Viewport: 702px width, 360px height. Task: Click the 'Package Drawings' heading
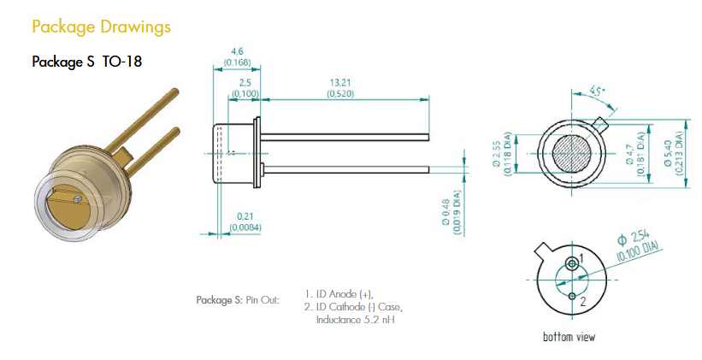[101, 27]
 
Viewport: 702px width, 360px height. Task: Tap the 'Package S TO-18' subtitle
[87, 62]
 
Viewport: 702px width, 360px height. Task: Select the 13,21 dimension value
[340, 83]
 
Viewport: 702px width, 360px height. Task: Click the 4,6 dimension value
[237, 52]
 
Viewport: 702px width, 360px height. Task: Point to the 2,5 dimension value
[245, 83]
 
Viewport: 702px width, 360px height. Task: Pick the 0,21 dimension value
[245, 216]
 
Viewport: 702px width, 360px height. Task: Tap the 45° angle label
[596, 92]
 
